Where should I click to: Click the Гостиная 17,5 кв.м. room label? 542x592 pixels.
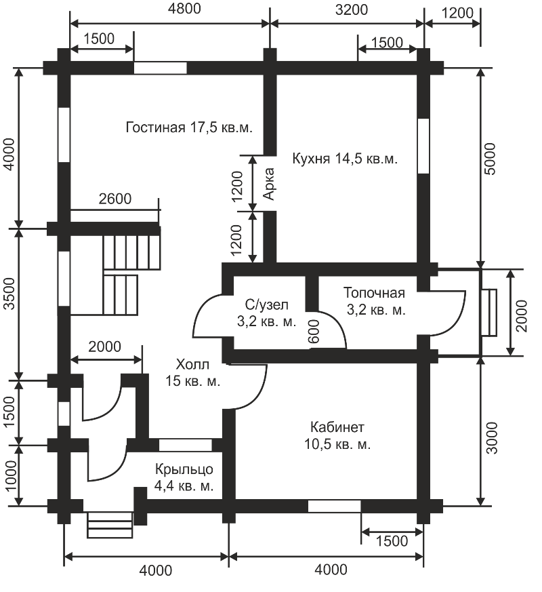click(189, 127)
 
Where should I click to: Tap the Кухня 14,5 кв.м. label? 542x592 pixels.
click(345, 159)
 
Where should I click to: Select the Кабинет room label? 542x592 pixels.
click(337, 436)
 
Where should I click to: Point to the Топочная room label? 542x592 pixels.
click(375, 301)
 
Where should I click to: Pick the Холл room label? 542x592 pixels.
click(192, 373)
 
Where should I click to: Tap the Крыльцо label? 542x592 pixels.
click(184, 477)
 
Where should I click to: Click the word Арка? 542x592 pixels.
click(268, 184)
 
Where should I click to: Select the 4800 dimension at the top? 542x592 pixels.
click(184, 9)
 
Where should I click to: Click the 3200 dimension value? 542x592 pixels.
click(352, 9)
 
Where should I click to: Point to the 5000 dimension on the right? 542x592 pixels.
click(490, 159)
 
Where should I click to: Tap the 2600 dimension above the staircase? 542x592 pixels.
click(115, 199)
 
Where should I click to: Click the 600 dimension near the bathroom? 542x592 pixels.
click(314, 332)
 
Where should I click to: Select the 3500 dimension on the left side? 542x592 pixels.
click(10, 294)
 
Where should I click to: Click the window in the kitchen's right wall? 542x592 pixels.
click(423, 146)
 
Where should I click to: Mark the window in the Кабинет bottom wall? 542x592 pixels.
click(334, 507)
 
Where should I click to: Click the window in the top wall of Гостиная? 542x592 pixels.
click(161, 68)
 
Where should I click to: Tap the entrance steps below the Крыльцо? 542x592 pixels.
click(110, 525)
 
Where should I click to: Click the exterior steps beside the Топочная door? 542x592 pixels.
click(489, 312)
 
